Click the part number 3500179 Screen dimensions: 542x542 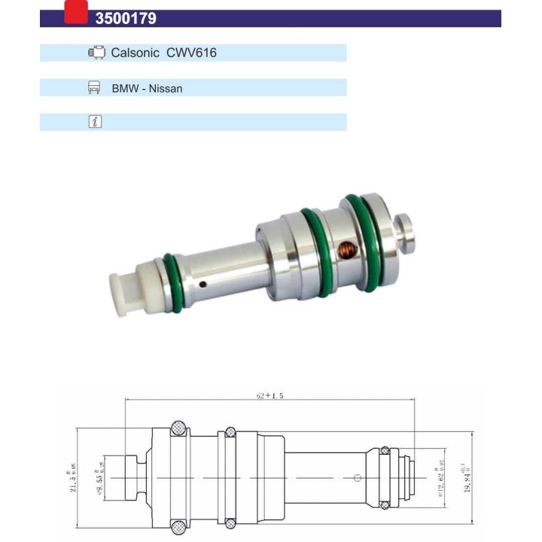[126, 19]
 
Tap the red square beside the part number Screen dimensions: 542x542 [76, 12]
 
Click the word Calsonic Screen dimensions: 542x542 [135, 53]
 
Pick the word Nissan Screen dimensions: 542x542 [166, 88]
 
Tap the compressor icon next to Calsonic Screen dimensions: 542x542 [96, 53]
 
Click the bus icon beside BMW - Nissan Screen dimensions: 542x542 [95, 87]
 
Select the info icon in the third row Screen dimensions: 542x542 [95, 122]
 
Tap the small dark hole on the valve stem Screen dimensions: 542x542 [204, 284]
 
